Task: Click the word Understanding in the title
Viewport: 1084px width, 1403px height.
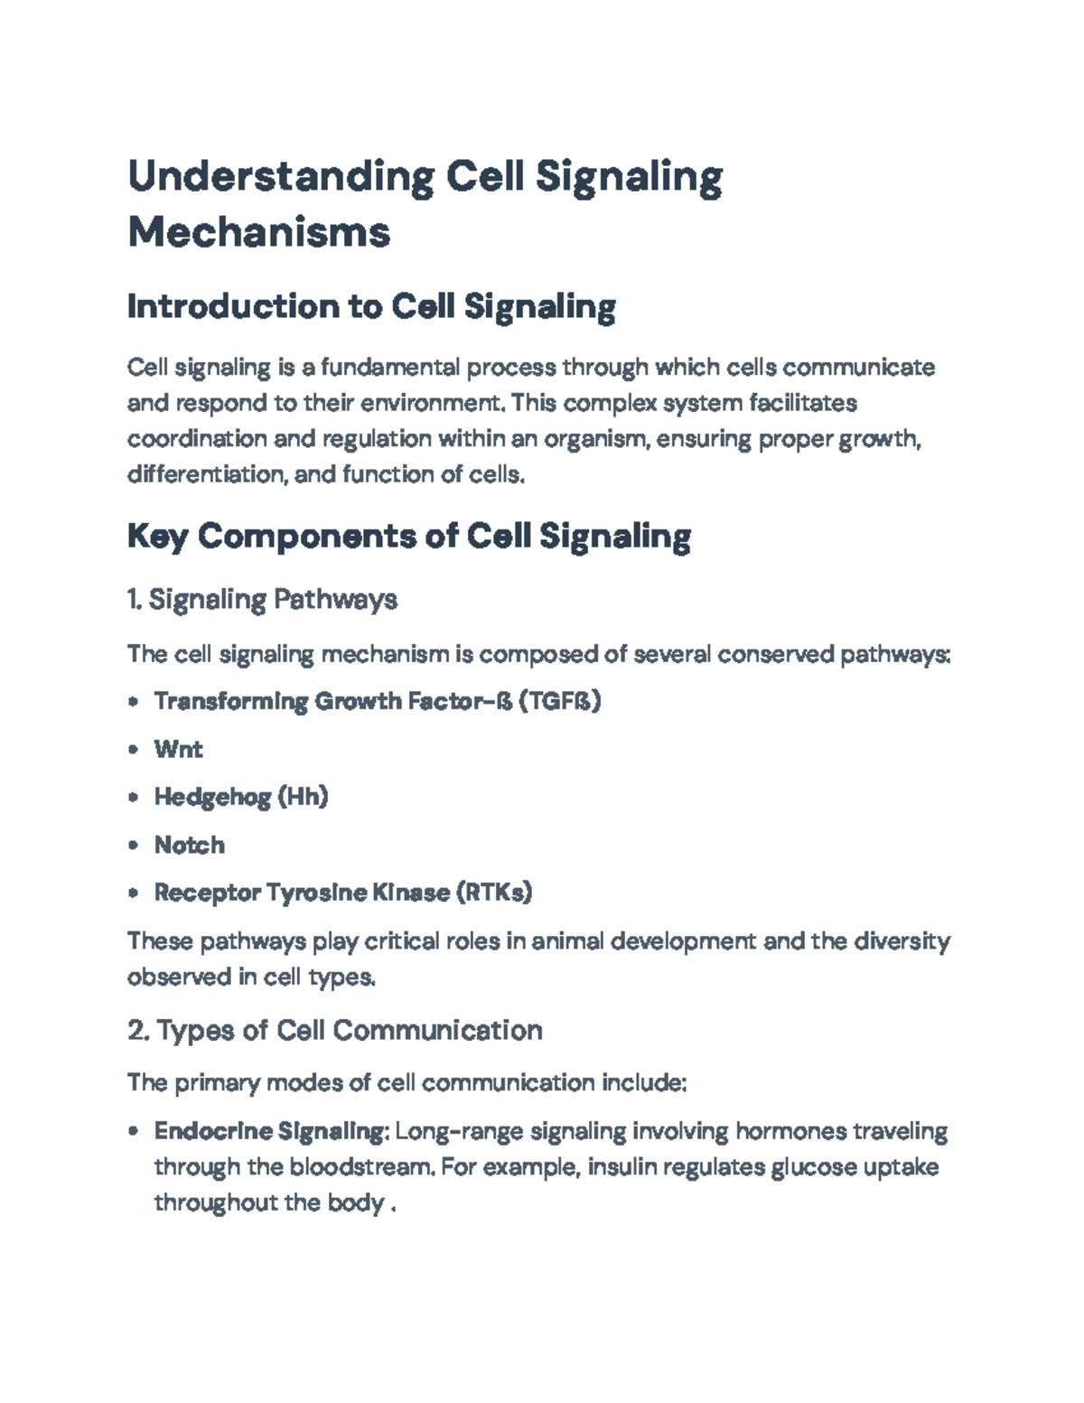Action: click(280, 177)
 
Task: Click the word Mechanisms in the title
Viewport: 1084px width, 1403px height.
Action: click(259, 233)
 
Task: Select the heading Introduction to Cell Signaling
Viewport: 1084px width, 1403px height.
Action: click(371, 308)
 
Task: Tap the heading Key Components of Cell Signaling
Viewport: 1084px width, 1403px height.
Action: click(409, 537)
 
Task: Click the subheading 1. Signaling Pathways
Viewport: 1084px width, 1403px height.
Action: click(263, 599)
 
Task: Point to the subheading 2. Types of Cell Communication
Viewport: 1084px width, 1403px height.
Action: click(335, 1030)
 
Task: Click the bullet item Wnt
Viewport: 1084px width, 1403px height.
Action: click(178, 749)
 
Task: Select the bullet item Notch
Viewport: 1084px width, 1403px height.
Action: click(189, 845)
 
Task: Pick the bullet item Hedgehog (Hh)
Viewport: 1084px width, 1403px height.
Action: click(240, 797)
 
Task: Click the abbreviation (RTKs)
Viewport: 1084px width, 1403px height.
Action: click(494, 893)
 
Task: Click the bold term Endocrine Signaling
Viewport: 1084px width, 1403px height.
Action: click(269, 1131)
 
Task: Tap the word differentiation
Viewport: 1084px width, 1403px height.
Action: click(204, 474)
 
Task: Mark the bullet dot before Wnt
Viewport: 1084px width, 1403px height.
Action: click(134, 749)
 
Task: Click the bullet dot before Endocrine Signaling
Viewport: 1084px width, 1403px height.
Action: click(134, 1131)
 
